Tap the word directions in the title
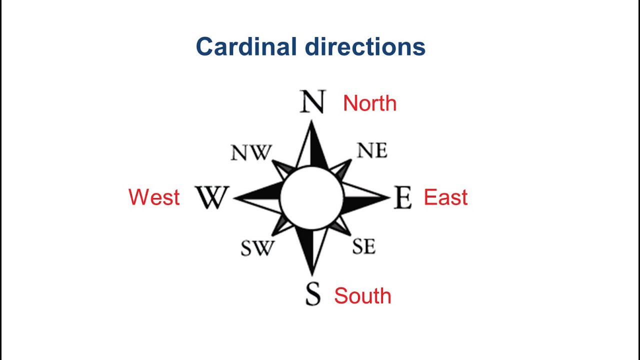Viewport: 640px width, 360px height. click(365, 47)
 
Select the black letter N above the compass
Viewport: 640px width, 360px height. click(313, 102)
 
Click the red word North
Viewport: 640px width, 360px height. click(369, 103)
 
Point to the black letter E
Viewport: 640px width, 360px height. click(402, 197)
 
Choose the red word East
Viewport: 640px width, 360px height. click(445, 197)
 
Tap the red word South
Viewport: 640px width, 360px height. click(362, 296)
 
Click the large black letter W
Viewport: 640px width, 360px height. click(211, 197)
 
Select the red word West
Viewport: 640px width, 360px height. click(154, 197)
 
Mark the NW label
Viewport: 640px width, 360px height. click(251, 152)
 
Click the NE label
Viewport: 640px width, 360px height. click(372, 150)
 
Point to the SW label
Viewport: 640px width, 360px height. click(257, 248)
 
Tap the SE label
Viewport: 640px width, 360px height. click(363, 246)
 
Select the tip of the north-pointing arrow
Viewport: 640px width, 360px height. click(312, 121)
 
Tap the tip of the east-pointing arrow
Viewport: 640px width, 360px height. click(389, 197)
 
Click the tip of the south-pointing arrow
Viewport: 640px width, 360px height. click(312, 274)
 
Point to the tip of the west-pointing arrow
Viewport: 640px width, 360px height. click(234, 198)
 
